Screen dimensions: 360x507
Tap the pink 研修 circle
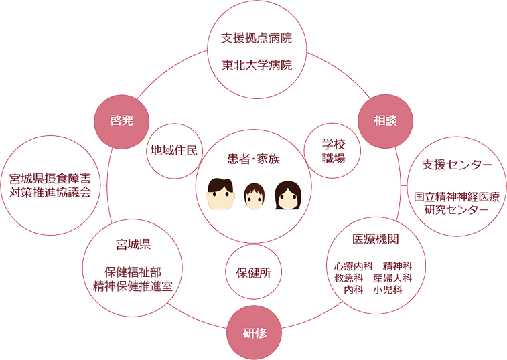pyautogui.click(x=255, y=332)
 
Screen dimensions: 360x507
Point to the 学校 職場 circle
pyautogui.click(x=333, y=151)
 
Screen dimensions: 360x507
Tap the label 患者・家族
pyautogui.click(x=253, y=159)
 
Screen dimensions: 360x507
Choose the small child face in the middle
pyautogui.click(x=254, y=196)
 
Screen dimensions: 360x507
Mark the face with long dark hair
pyautogui.click(x=288, y=195)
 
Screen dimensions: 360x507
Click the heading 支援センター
pyautogui.click(x=457, y=164)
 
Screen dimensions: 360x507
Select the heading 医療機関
pyautogui.click(x=376, y=239)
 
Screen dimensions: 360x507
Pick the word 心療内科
pyautogui.click(x=352, y=265)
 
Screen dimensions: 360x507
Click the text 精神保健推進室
pyautogui.click(x=133, y=285)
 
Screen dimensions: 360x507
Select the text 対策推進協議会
pyautogui.click(x=50, y=192)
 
